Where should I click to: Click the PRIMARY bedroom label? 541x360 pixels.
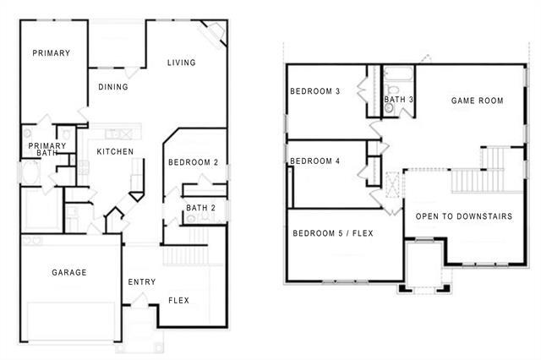point(51,53)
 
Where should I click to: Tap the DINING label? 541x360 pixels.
point(113,87)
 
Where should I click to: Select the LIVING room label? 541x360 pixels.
point(181,63)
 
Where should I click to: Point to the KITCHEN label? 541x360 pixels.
point(114,152)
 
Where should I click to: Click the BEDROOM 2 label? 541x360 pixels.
point(193,162)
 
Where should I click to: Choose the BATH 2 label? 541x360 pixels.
point(200,207)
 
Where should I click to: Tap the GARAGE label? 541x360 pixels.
point(69,273)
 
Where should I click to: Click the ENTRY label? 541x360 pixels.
point(139,282)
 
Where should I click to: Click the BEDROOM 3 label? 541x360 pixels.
point(315,92)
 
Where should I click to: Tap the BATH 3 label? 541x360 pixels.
point(399,100)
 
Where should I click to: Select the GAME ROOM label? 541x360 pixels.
point(477,101)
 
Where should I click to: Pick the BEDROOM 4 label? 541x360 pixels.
point(315,161)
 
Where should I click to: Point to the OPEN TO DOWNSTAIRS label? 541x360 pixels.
point(464,216)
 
